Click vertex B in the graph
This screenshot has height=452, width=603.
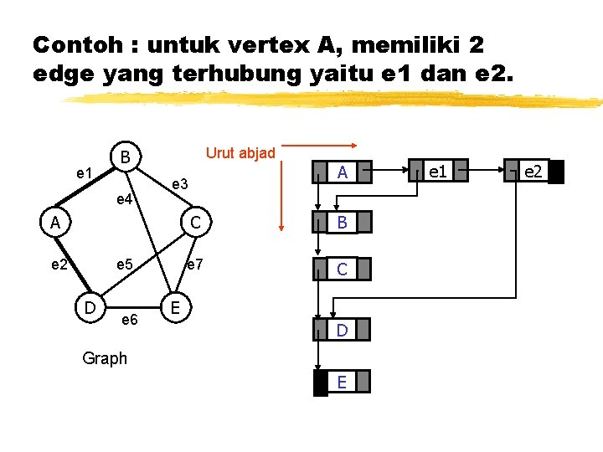pos(124,157)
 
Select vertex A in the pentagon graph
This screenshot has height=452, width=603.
pos(54,223)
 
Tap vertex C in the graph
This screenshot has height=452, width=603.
pos(193,223)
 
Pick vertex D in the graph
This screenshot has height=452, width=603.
pos(89,307)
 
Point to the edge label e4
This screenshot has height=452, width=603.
pos(123,199)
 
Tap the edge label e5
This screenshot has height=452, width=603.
pos(126,265)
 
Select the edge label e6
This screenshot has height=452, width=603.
pos(130,320)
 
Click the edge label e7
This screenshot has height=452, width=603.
pos(194,265)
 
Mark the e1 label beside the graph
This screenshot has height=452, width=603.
pos(84,173)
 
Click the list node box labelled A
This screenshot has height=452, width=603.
pos(342,173)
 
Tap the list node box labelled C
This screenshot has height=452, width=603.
pos(342,269)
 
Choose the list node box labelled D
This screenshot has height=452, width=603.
pos(342,331)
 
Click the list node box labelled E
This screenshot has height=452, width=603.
pos(342,383)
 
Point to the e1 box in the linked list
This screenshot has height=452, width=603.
pos(436,172)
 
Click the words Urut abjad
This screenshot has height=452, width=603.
pos(240,152)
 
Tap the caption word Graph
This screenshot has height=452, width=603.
pos(105,358)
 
